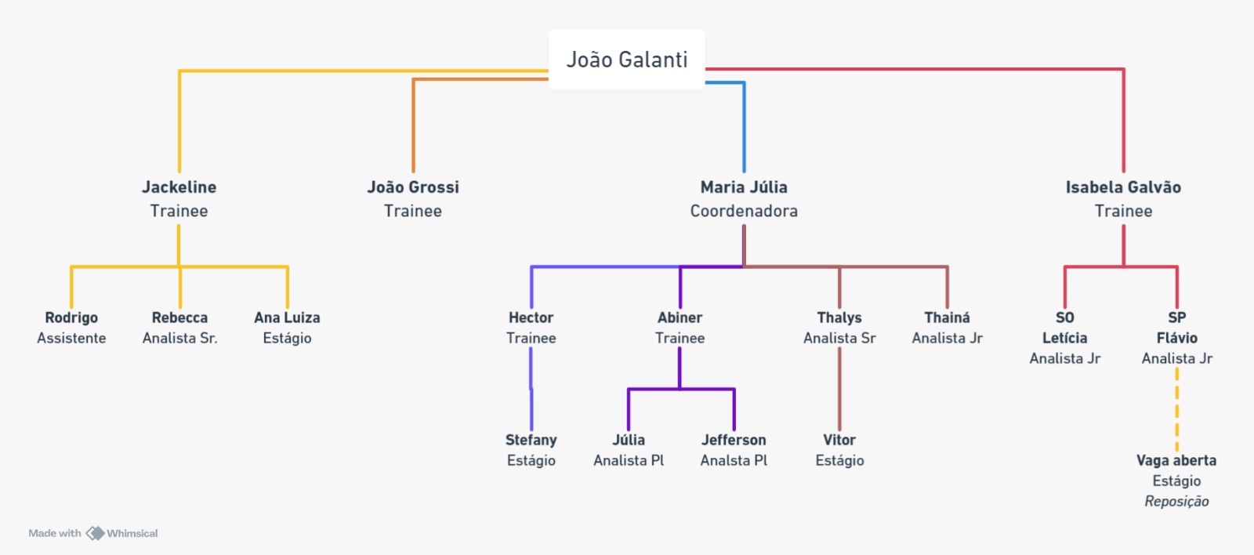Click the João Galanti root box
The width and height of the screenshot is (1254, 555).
[627, 60]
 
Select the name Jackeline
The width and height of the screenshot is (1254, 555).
[179, 187]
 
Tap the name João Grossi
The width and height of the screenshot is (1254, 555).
[413, 187]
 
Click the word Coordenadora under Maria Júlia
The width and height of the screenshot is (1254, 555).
[744, 211]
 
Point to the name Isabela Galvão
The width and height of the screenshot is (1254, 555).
[1123, 187]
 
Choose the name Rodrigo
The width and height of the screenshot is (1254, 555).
[71, 317]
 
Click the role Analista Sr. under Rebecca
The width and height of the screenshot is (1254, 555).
[179, 338]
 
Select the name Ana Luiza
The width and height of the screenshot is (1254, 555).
[287, 317]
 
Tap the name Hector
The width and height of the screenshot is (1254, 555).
[531, 317]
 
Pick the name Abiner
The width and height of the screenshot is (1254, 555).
[680, 317]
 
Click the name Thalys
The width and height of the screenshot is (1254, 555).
[839, 317]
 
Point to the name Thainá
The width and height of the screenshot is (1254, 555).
[947, 317]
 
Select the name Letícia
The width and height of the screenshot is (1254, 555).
[1064, 338]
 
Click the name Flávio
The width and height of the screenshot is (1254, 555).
[1176, 338]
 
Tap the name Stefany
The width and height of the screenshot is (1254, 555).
[531, 440]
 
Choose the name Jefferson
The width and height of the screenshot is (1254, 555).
[734, 440]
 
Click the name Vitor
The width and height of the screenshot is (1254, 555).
[839, 440]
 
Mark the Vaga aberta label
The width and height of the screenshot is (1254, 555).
[1176, 460]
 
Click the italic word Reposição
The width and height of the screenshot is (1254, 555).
[1176, 501]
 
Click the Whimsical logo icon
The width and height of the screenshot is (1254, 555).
[95, 533]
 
